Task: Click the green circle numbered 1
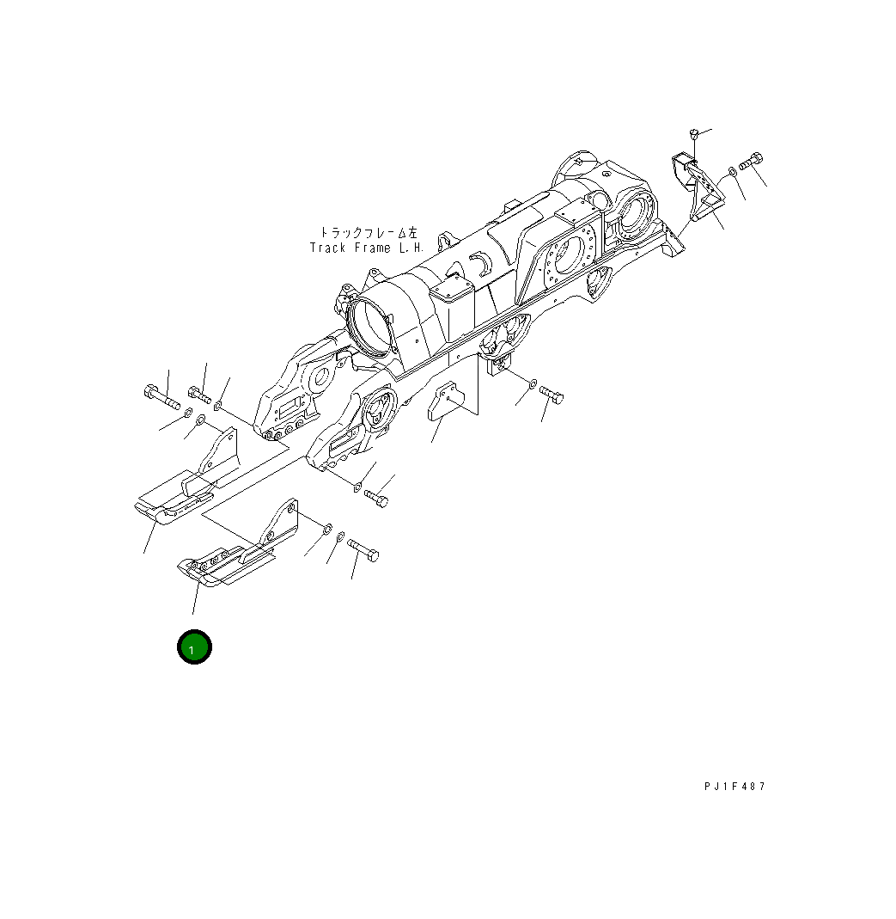(194, 646)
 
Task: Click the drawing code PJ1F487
(733, 786)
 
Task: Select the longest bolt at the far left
(161, 397)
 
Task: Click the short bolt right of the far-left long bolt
(198, 395)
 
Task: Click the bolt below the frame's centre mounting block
(551, 396)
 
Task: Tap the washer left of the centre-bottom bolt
(533, 383)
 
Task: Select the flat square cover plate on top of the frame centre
(454, 290)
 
